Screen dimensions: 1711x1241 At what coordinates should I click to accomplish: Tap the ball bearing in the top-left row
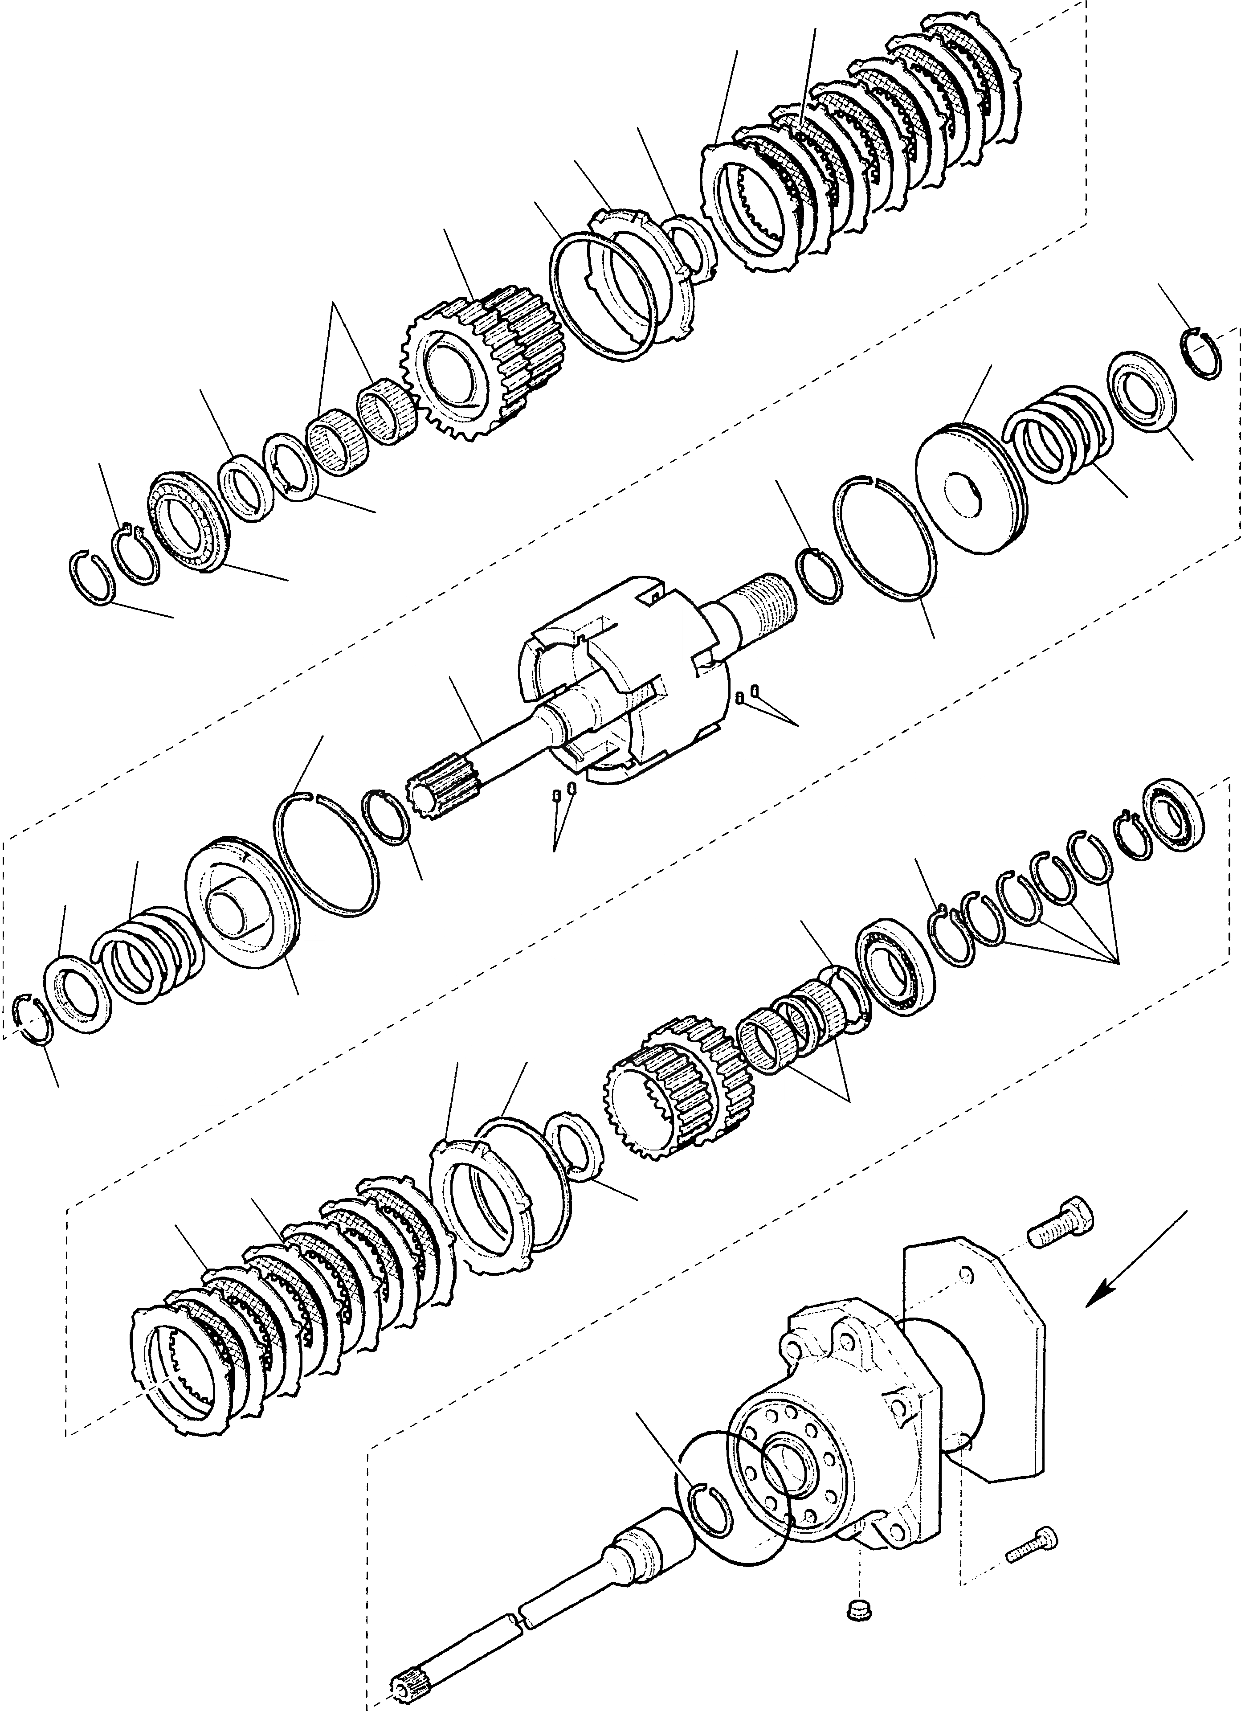tap(185, 520)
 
